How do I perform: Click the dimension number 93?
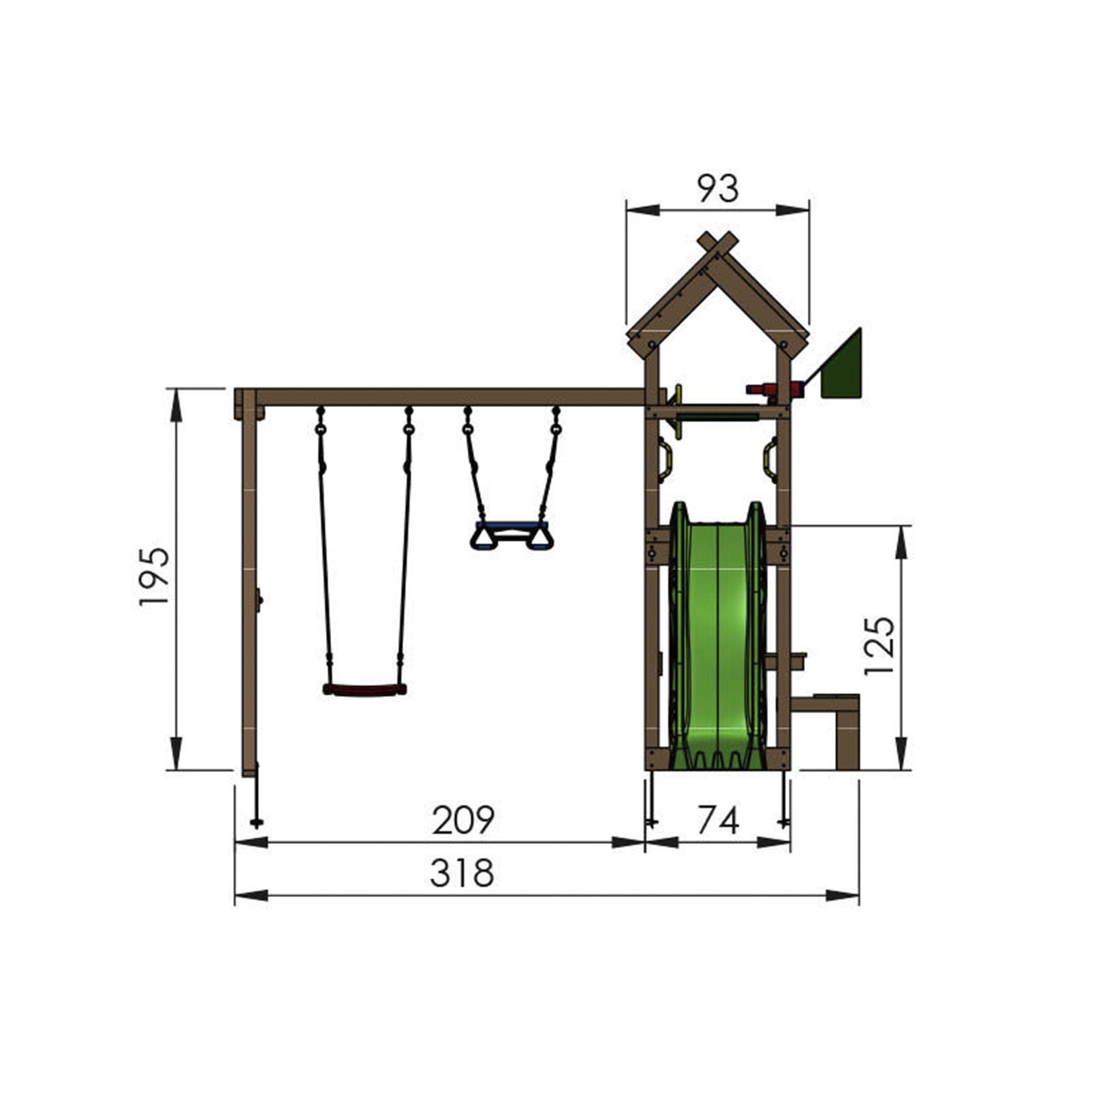(x=718, y=189)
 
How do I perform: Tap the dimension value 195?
(x=155, y=576)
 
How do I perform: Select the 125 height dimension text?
(x=879, y=646)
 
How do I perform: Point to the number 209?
(x=463, y=820)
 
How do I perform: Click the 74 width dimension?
(x=718, y=820)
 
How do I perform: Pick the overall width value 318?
(x=462, y=873)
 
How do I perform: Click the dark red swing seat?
(x=365, y=689)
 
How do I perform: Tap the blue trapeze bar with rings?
(x=511, y=535)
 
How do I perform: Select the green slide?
(x=718, y=636)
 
